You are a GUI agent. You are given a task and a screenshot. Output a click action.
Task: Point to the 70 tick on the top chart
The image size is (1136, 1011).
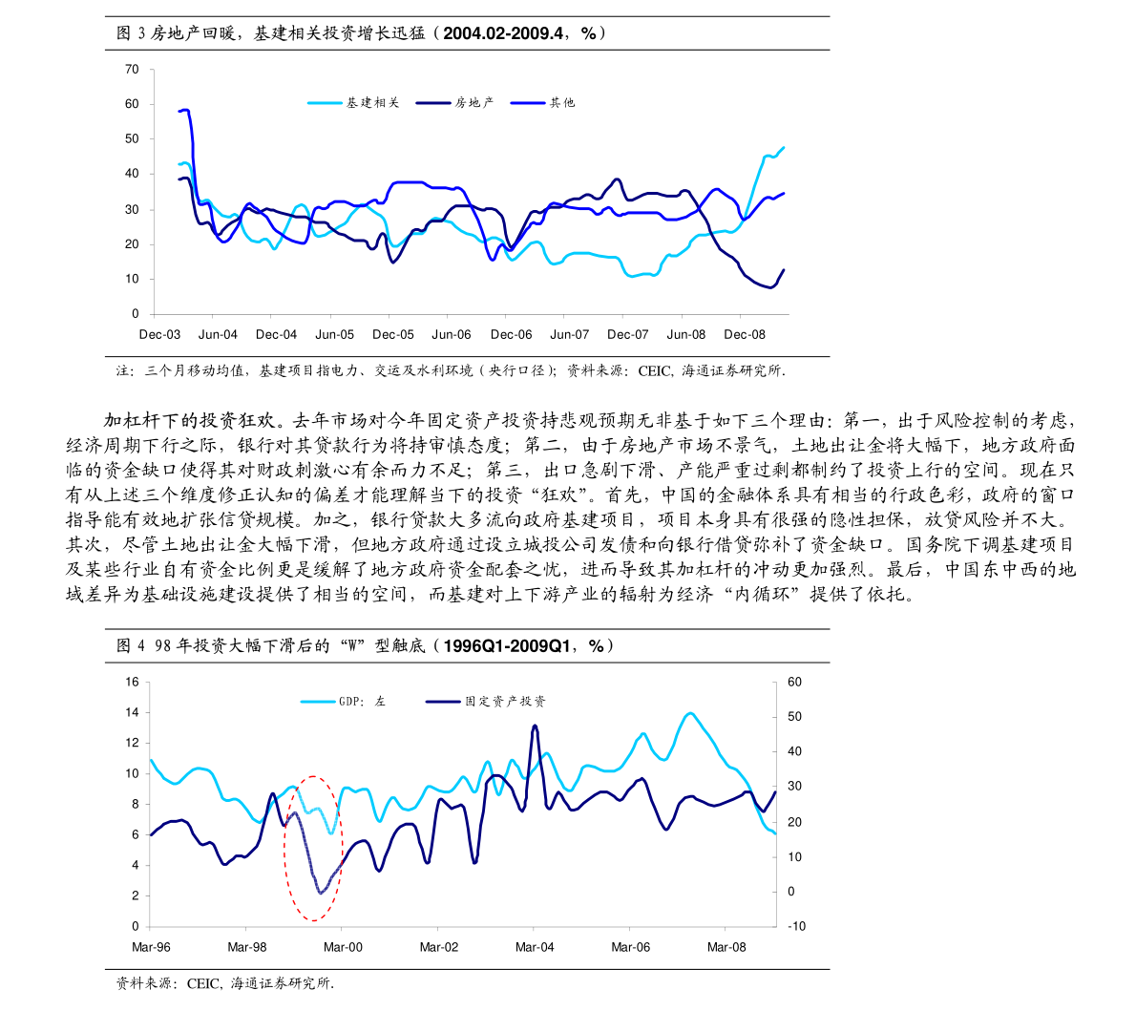point(132,70)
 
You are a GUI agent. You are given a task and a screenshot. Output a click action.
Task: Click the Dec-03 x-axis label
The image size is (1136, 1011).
point(159,335)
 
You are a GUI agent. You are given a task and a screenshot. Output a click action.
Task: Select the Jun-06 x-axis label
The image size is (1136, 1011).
point(452,335)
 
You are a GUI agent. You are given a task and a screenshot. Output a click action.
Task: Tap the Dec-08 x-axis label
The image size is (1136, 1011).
point(745,335)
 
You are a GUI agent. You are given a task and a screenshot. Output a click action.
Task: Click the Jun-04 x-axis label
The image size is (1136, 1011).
point(218,335)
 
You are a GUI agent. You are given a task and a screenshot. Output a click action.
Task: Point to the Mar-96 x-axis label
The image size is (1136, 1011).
point(151,947)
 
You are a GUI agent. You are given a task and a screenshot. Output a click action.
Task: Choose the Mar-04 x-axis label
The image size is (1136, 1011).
point(535,947)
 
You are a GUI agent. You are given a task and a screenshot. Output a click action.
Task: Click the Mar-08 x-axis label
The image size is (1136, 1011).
point(726,947)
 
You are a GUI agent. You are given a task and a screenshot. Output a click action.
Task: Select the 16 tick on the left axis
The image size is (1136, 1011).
point(132,683)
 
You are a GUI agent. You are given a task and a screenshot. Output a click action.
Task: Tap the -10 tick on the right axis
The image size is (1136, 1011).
point(795,927)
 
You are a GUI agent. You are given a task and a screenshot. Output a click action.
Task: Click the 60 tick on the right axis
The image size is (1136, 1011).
point(794,683)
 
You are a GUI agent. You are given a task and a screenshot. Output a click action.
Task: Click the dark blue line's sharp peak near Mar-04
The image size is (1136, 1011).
point(535,726)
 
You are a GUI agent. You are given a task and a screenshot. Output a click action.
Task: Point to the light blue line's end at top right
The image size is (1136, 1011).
point(784,148)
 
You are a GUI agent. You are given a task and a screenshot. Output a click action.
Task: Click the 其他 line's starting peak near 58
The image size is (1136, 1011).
point(185,110)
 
